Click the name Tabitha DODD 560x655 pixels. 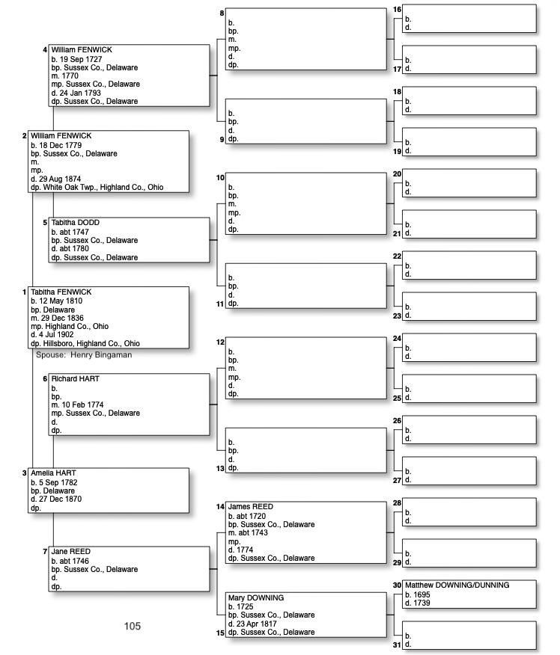75,223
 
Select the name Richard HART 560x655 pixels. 75,379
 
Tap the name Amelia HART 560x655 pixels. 53,473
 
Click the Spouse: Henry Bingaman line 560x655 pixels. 84,354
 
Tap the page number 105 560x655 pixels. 133,627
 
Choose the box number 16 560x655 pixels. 397,10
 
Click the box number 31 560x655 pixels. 397,645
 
